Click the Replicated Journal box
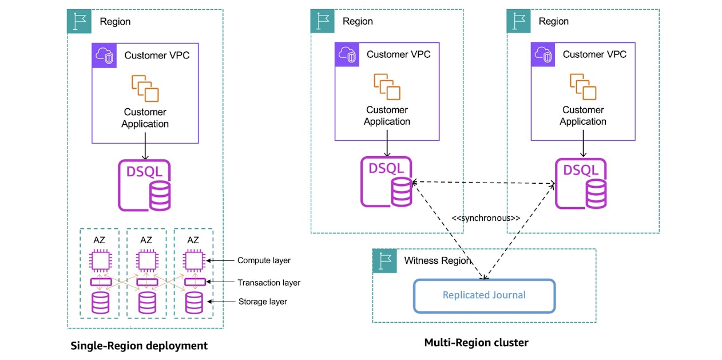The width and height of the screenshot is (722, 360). (x=484, y=296)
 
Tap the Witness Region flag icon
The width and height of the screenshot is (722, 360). (x=384, y=260)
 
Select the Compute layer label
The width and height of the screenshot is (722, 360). (x=264, y=260)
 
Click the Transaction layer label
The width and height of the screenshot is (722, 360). (x=269, y=283)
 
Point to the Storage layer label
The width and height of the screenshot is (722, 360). (x=263, y=301)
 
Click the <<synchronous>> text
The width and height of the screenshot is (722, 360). (x=486, y=218)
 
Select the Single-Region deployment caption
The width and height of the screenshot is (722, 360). (x=139, y=346)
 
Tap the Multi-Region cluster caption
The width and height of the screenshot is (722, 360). (x=476, y=343)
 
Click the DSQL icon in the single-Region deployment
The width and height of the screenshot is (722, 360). (x=144, y=185)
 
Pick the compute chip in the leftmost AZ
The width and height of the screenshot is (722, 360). (x=101, y=260)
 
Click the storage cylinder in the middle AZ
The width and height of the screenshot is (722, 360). (x=147, y=303)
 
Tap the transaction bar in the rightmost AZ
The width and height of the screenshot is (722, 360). (x=195, y=282)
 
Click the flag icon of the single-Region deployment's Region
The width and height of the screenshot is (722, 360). (x=79, y=21)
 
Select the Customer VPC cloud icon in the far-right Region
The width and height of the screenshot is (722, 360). (x=543, y=54)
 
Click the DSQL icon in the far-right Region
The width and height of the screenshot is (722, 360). (x=581, y=184)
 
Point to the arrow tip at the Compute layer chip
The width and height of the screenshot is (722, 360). (x=207, y=260)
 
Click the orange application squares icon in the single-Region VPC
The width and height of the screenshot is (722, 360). (x=145, y=88)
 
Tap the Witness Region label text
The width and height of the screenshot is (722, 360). (x=438, y=260)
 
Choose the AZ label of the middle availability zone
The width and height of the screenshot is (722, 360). (x=146, y=240)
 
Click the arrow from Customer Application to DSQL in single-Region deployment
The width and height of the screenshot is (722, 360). (x=145, y=146)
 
